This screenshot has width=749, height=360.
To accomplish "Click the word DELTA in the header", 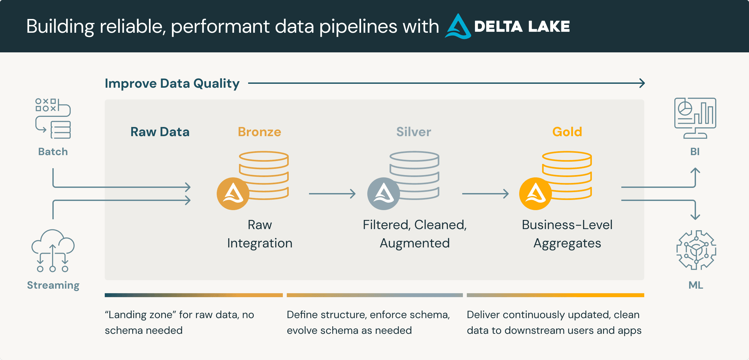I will click(x=498, y=27).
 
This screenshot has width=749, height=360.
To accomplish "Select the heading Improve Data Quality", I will click(x=172, y=83).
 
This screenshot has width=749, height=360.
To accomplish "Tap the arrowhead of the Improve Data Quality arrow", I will click(x=642, y=83).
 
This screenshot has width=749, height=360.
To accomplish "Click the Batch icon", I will click(x=53, y=118).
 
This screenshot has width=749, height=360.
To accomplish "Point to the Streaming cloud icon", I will click(x=53, y=250).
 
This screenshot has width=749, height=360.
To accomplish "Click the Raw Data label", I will click(x=160, y=132).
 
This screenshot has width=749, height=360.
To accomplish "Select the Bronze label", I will click(x=259, y=132).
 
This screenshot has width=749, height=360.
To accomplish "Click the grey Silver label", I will click(x=413, y=132).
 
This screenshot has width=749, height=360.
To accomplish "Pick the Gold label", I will click(x=567, y=132).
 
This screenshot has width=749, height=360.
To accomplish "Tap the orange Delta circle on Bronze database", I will click(x=233, y=194).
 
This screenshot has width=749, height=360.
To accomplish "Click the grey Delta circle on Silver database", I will click(x=383, y=194).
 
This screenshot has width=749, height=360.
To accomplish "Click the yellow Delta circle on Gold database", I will click(x=535, y=194).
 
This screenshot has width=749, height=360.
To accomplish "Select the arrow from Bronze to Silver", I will click(x=332, y=194).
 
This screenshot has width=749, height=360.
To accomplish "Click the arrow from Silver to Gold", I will click(x=485, y=194).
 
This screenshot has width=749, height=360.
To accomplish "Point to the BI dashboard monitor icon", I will click(x=695, y=118).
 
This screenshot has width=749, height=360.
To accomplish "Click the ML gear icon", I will click(x=696, y=250).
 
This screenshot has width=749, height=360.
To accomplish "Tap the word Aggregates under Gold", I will click(x=567, y=243).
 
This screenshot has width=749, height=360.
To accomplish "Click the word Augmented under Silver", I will click(x=414, y=243).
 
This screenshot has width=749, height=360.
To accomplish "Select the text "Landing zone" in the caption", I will click(x=140, y=315).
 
